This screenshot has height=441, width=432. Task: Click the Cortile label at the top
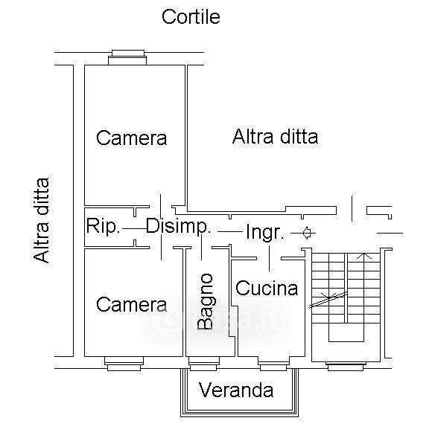point(191,17)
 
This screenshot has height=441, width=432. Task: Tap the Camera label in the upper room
point(132,138)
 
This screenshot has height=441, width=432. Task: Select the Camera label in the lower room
point(132,304)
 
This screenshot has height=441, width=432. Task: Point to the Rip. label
point(103,225)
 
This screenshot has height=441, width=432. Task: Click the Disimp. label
point(178,227)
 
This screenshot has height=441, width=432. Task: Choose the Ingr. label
point(264,232)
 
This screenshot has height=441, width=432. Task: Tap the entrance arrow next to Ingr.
point(307,233)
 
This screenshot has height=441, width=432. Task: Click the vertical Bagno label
point(205,301)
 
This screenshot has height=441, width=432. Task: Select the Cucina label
point(267,288)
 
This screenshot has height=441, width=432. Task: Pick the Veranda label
point(236,390)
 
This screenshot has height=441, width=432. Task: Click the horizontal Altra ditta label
point(275,137)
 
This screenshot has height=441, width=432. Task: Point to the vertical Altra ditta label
point(41,220)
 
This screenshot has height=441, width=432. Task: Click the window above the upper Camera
point(127,57)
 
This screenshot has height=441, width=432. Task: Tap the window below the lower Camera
point(124,364)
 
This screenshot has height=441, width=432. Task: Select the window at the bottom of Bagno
point(203,364)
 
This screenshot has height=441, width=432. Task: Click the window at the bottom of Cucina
point(273,364)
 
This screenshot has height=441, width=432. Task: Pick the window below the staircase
point(346,367)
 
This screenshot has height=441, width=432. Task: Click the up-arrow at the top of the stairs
point(364,257)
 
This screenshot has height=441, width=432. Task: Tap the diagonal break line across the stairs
point(328,300)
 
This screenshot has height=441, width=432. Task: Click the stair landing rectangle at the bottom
point(346,332)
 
